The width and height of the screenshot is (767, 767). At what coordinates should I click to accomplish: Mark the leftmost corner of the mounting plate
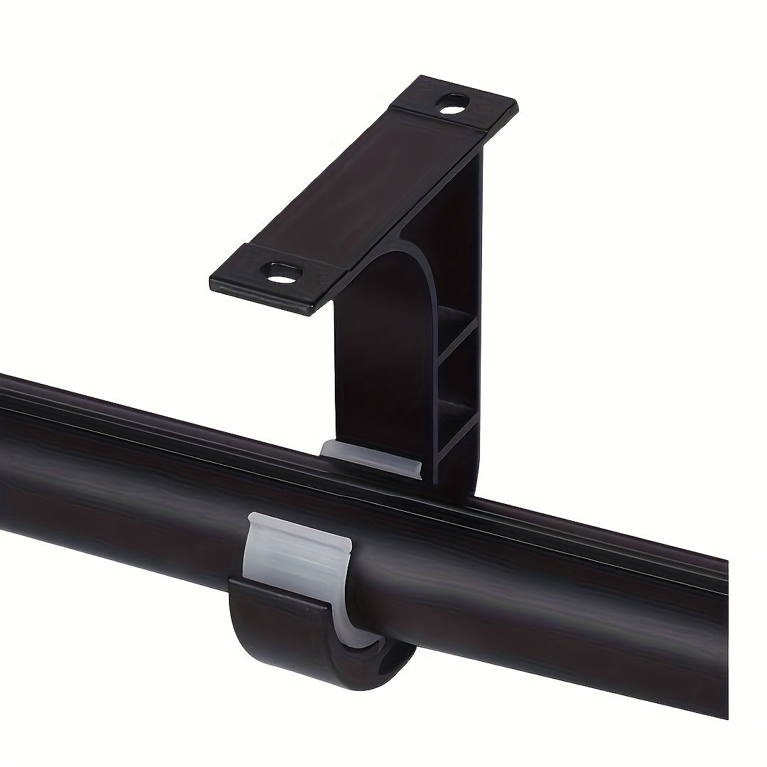pyautogui.click(x=211, y=273)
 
